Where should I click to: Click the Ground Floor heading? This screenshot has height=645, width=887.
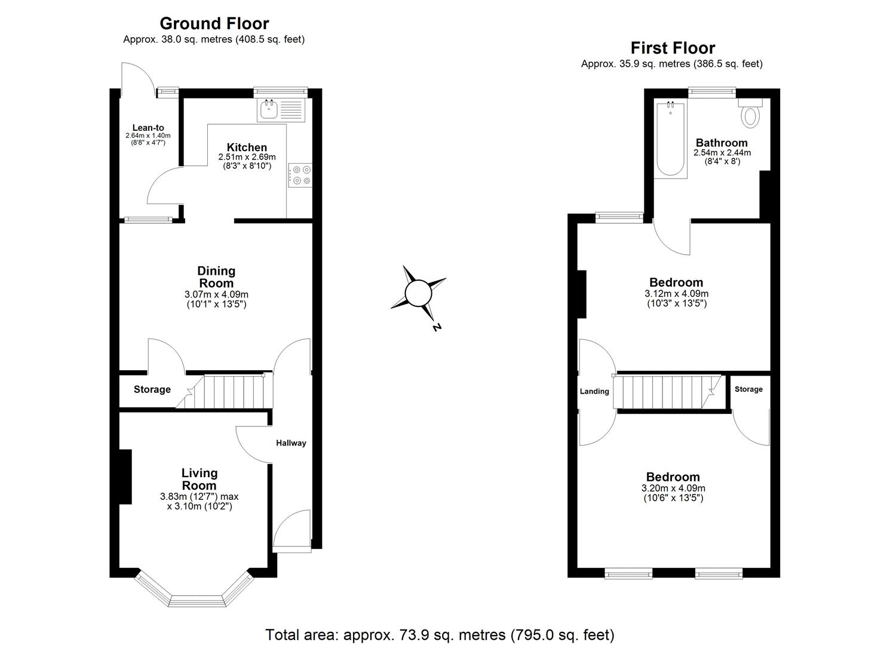coord(214,23)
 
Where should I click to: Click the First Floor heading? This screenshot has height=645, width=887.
coord(673,48)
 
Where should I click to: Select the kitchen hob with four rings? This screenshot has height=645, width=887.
coord(300,176)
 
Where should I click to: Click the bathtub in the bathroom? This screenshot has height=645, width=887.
coord(670,140)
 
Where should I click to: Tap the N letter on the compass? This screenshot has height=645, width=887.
coord(437,327)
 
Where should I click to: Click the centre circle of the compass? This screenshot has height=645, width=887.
coord(418,293)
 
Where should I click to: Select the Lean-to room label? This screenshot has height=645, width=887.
coord(148,128)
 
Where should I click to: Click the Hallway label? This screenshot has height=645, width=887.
coord(291,443)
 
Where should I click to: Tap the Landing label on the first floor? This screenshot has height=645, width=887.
coord(594,391)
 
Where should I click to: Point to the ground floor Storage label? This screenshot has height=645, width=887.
coord(152,389)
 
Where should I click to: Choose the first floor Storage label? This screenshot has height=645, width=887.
coord(748,389)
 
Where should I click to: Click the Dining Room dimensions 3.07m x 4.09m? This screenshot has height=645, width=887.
coord(216,294)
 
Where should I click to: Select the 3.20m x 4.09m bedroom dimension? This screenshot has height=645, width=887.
coord(673,488)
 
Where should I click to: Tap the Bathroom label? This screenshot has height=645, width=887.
coord(722,143)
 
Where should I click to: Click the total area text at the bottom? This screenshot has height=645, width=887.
coord(440,634)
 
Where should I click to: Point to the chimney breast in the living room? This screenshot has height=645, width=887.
coord(125,477)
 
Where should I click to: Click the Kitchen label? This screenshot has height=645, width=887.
coord(247,148)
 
